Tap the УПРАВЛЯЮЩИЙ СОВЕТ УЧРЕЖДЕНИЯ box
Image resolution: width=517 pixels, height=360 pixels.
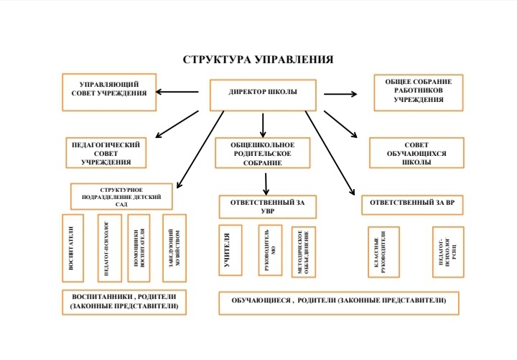coord(109,91)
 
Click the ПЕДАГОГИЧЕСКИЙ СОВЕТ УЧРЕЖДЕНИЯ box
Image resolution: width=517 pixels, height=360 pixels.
coord(106,152)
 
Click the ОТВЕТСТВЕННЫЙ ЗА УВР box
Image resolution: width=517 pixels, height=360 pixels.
coord(267,206)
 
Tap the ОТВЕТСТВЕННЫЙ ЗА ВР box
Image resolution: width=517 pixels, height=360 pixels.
coord(412,204)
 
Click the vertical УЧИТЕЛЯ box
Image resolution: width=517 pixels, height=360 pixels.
coord(229,250)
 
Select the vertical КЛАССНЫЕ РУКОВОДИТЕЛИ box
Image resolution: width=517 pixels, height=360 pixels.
coord(383,252)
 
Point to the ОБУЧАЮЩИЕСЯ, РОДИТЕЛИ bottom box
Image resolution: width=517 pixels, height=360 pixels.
coord(338,303)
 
